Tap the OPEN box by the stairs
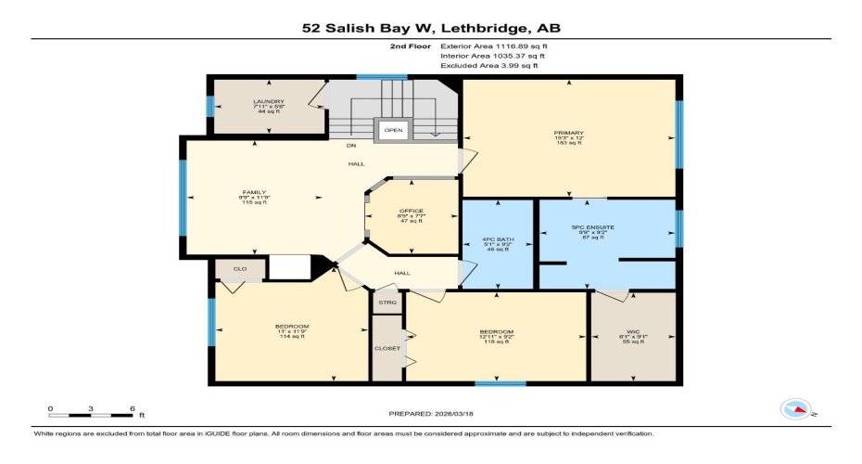tap(393, 131)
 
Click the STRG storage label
tap(387, 302)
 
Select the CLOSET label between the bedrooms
tap(387, 348)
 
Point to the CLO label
tap(239, 269)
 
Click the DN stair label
tap(351, 146)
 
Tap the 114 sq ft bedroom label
tap(292, 331)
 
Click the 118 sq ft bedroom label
tap(496, 337)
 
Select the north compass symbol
tap(796, 408)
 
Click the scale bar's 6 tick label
tap(133, 408)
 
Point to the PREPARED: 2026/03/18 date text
tap(430, 413)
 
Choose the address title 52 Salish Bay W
tap(431, 29)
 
